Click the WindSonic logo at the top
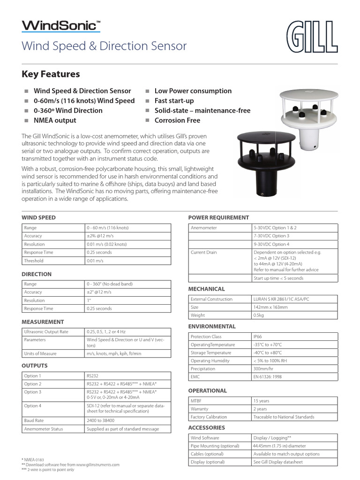coord(61,25)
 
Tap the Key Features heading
coord(51,74)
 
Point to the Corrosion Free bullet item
coord(177,120)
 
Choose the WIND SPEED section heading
coord(39,217)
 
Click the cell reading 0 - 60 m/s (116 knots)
coord(108,228)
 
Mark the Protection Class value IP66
coord(258,337)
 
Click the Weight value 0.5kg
coord(259,315)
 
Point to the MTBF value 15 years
coord(262,401)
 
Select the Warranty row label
coord(200,409)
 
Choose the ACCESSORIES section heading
coord(206,427)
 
